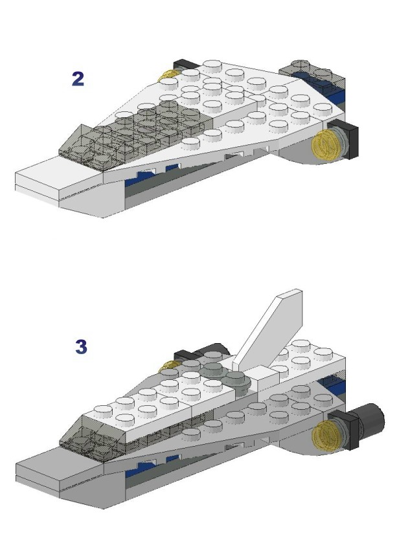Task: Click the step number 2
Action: coord(78,78)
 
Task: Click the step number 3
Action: coord(81,346)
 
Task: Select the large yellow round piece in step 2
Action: coord(325,145)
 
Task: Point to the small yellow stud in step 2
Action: coord(168,75)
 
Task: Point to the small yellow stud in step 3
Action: coord(170,365)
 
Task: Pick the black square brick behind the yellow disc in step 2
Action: coord(347,139)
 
